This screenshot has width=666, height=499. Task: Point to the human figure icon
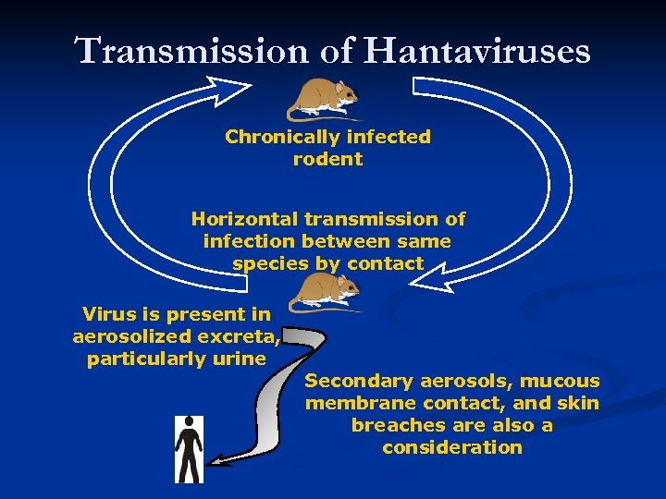click(x=189, y=449)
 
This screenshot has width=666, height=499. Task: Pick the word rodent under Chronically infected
click(x=327, y=159)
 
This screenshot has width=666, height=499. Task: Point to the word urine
click(x=240, y=359)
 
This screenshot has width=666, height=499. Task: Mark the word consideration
click(x=452, y=447)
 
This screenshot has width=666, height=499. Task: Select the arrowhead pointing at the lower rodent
click(x=435, y=274)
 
